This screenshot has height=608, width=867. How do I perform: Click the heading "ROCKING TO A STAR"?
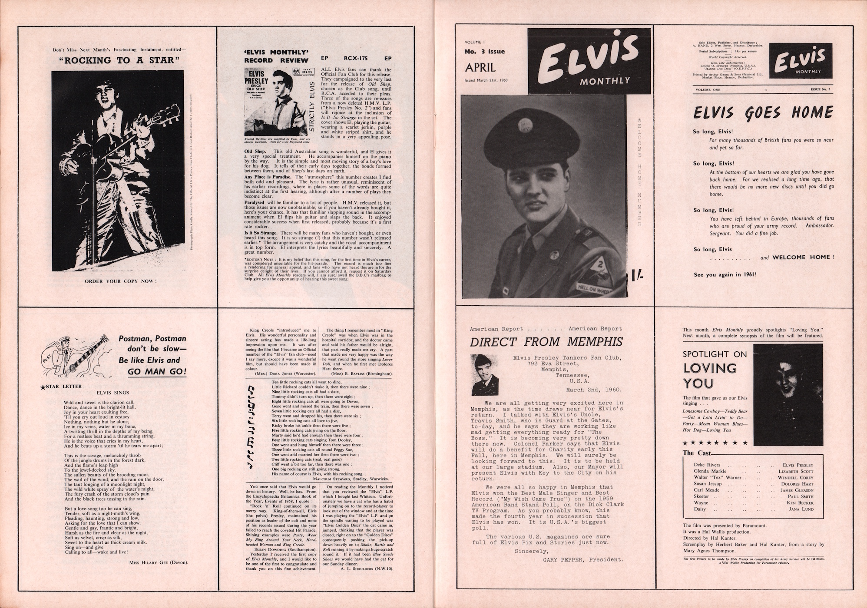pos(119,60)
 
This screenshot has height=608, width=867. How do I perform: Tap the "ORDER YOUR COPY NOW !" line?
pos(120,281)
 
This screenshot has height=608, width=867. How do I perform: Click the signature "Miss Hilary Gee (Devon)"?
pos(158,562)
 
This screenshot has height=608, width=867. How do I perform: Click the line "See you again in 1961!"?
pos(725,274)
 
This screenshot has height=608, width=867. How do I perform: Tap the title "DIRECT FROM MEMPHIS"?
pos(546,342)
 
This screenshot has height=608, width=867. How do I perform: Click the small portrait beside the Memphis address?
pos(485,374)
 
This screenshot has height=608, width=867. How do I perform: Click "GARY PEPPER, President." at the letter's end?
pos(583,559)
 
